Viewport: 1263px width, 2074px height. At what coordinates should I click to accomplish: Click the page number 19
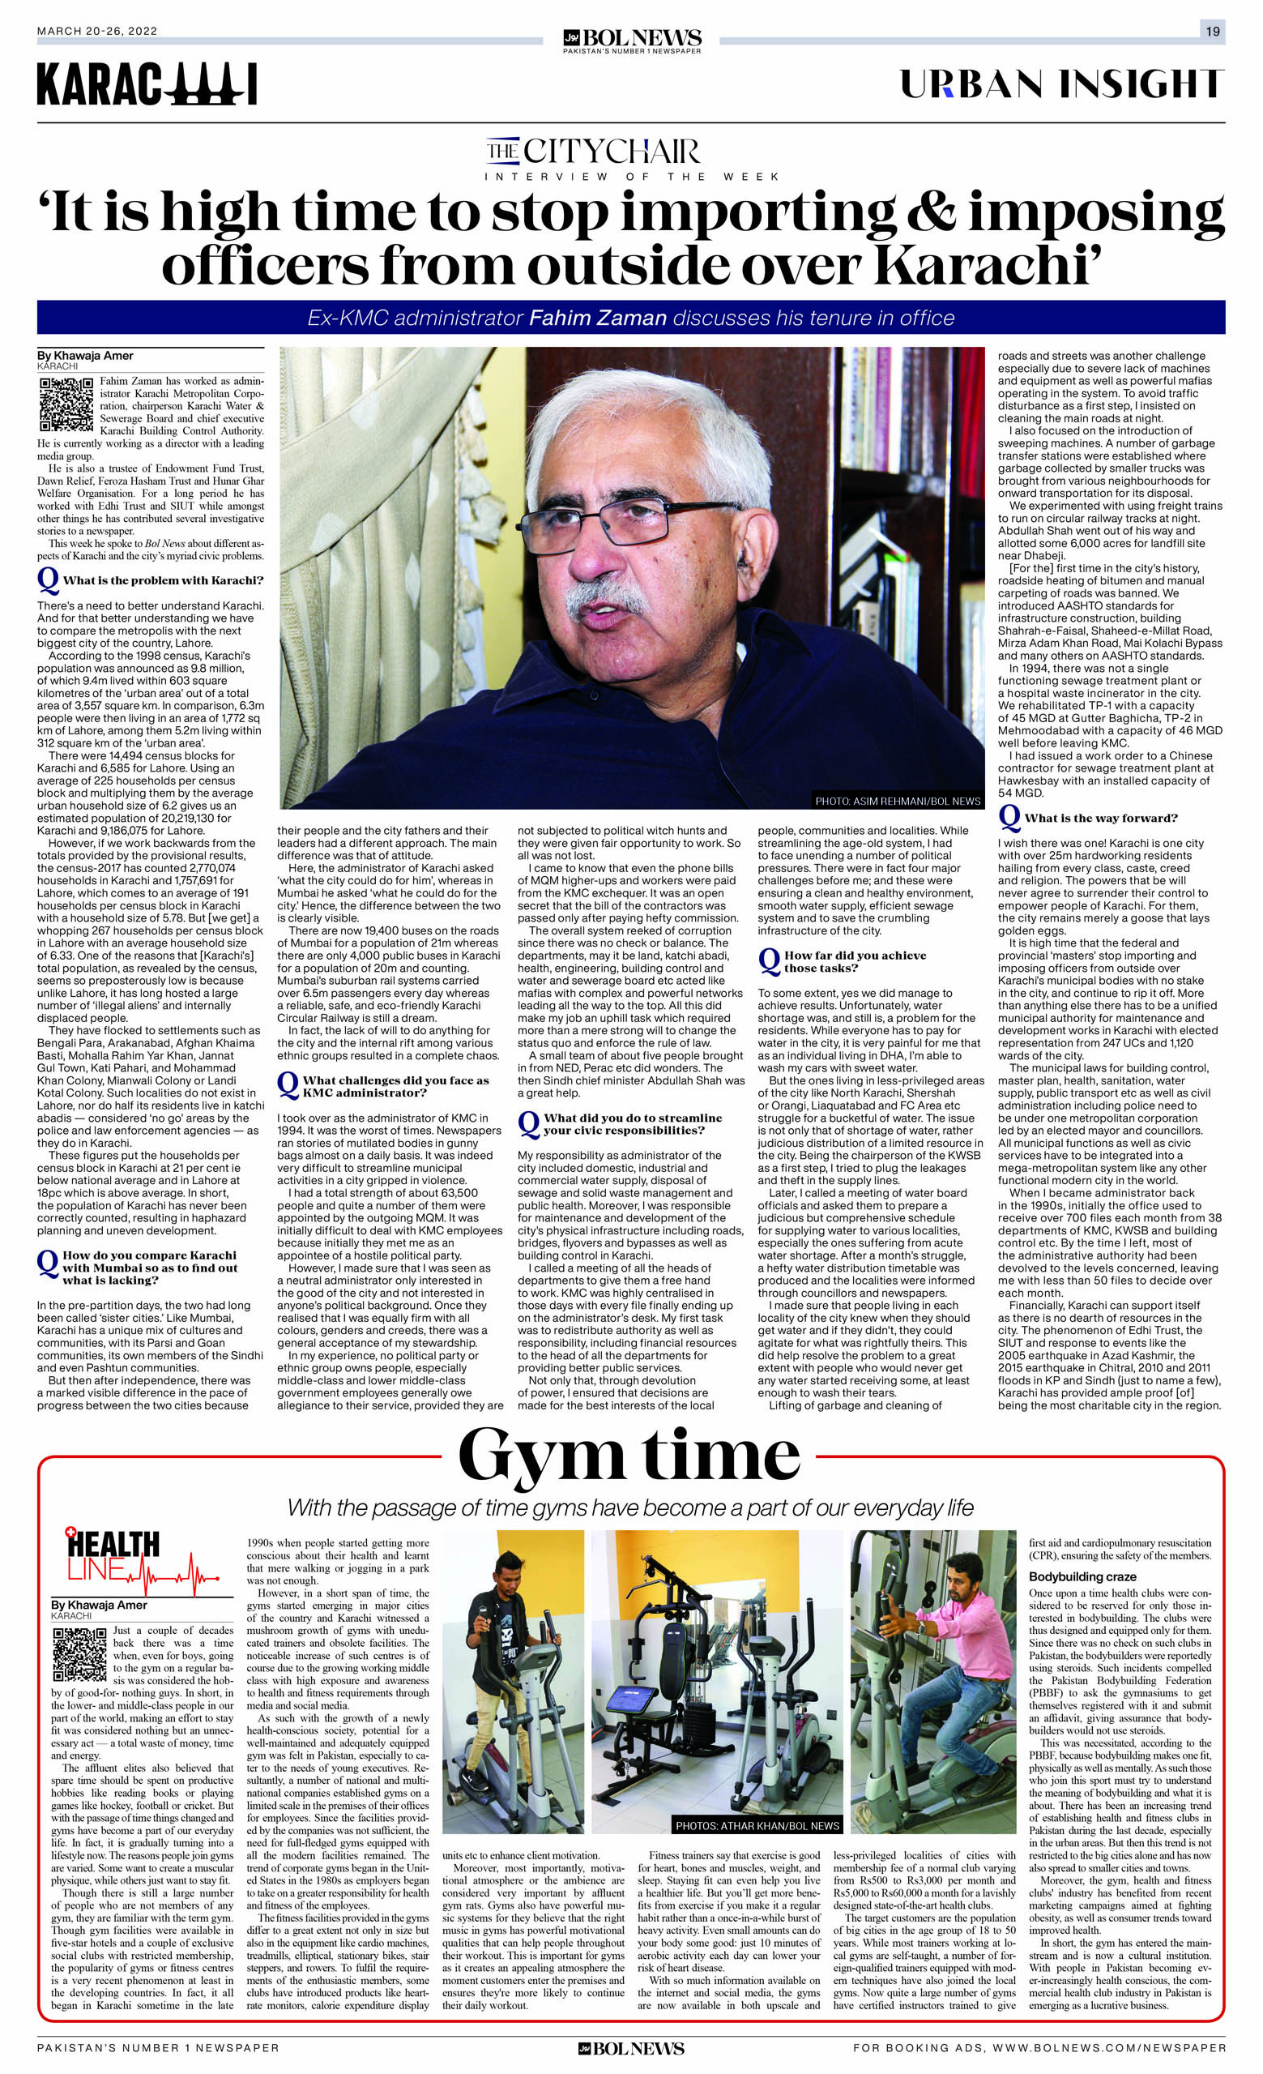(x=1212, y=31)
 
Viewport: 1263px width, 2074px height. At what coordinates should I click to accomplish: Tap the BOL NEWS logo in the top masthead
(x=632, y=40)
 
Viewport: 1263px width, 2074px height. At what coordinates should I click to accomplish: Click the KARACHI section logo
(x=147, y=85)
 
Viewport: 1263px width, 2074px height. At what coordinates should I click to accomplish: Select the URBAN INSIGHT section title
(x=1061, y=84)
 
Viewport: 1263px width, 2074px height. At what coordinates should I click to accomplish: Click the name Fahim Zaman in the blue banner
(x=597, y=319)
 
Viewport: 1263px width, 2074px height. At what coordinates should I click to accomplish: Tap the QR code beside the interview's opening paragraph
(x=65, y=405)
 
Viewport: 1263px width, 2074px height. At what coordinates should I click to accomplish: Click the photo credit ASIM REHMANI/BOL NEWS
(x=897, y=801)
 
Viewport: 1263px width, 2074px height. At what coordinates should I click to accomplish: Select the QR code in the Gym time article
(x=79, y=1655)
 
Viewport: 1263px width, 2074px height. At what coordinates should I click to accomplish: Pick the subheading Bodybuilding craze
(x=1082, y=1576)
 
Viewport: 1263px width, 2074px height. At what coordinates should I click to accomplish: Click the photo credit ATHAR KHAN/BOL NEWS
(x=757, y=1826)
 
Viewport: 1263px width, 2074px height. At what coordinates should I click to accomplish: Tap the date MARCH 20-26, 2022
(x=97, y=31)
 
